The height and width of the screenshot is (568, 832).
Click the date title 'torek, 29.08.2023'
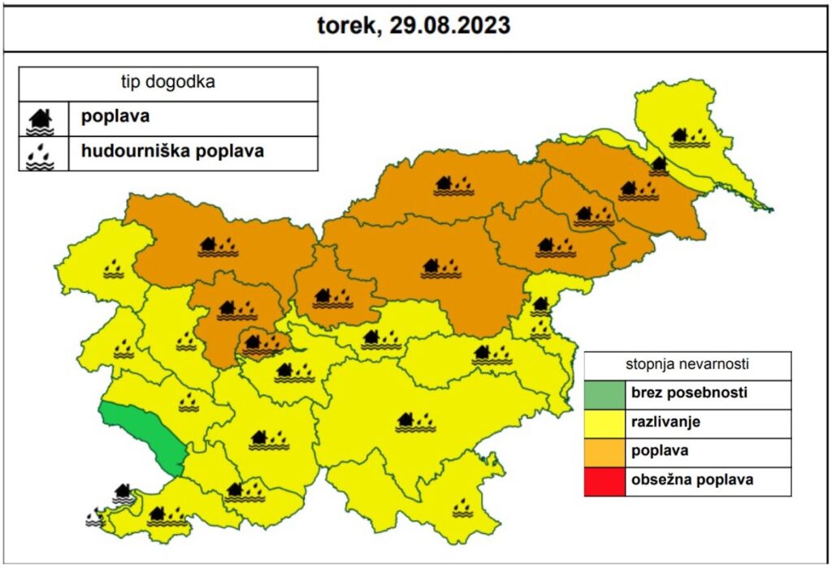[414, 26]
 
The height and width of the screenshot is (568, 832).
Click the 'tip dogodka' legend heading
[167, 83]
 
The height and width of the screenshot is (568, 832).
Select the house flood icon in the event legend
[41, 119]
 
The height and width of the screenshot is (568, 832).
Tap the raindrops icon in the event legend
[41, 154]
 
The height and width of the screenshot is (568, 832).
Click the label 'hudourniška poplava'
[171, 151]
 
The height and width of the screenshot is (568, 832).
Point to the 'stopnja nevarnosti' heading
[687, 364]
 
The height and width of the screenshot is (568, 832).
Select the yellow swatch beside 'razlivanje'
[604, 423]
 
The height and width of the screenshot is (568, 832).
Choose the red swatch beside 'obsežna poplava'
[604, 480]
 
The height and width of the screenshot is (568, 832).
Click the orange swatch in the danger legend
[604, 451]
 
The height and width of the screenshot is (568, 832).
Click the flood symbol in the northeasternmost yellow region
[690, 137]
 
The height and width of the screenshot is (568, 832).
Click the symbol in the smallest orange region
[263, 346]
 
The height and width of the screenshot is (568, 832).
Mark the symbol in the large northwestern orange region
[219, 246]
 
